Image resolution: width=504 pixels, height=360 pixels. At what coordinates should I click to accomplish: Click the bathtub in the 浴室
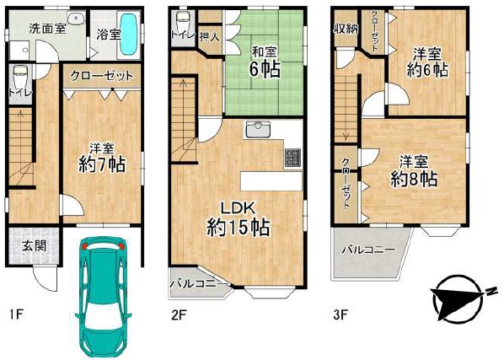click(129, 35)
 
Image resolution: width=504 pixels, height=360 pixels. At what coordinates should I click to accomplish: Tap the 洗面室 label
click(48, 29)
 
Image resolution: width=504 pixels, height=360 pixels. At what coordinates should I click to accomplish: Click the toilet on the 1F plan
click(20, 74)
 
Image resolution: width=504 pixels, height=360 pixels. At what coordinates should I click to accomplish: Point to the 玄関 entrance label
click(35, 246)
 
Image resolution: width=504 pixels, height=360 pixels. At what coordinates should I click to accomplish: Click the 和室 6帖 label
click(264, 62)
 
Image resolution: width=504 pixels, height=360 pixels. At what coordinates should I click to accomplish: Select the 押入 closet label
click(210, 37)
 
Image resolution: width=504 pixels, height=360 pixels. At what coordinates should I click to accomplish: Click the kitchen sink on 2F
click(258, 129)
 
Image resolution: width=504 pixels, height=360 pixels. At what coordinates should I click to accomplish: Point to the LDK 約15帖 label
click(238, 218)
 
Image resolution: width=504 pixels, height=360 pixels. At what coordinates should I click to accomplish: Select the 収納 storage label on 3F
click(346, 29)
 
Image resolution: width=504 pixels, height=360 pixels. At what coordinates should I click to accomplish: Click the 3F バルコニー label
click(368, 250)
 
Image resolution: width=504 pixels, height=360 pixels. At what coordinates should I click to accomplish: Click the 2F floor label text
click(179, 314)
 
